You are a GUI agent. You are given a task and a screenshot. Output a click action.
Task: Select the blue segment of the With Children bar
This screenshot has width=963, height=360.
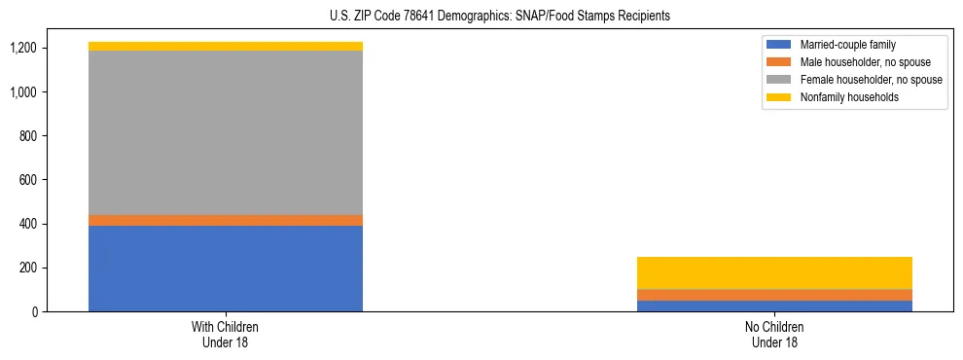point(226,269)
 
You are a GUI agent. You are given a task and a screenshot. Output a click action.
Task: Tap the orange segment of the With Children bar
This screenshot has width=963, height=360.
point(226,221)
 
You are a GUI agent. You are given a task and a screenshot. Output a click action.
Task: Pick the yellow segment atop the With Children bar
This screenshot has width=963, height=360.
point(226,46)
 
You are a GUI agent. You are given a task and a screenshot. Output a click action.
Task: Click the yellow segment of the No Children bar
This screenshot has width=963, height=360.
point(774,272)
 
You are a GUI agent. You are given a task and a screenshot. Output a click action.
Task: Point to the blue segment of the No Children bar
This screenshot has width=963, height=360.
point(774,306)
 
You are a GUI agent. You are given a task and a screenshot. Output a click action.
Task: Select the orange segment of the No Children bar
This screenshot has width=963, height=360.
point(774,295)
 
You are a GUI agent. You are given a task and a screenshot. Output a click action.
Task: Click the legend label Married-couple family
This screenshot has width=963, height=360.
point(848,45)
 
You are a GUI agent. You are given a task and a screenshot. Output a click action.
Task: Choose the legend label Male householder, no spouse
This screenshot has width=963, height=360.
point(860,62)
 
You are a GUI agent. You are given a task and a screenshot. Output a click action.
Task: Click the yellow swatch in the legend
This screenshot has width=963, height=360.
point(779,97)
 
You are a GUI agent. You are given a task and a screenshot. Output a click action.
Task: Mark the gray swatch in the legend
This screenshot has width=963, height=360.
point(779,80)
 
